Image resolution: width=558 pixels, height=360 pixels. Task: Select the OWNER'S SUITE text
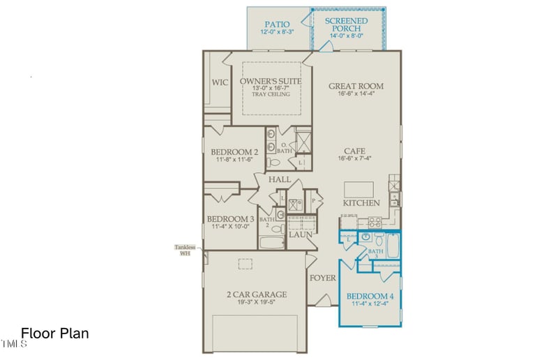pos(271,82)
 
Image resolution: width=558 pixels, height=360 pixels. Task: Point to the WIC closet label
pos(220,82)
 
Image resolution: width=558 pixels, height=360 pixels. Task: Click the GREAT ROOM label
pos(356,87)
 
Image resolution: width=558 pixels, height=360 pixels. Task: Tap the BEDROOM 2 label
pos(234,152)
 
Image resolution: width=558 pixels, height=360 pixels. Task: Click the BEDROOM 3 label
pos(231,218)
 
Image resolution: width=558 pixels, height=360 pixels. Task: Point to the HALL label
pos(280,180)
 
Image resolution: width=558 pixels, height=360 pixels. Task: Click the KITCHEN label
pos(361,203)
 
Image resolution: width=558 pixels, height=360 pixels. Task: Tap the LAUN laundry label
pos(301,235)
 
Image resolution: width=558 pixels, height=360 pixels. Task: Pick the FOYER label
pos(323,278)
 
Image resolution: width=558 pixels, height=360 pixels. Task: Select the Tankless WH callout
pos(185,250)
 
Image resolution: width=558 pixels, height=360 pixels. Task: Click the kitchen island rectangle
pos(359,189)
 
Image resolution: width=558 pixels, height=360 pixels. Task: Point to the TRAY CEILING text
pos(271,94)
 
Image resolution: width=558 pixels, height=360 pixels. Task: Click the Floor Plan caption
pos(55,333)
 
